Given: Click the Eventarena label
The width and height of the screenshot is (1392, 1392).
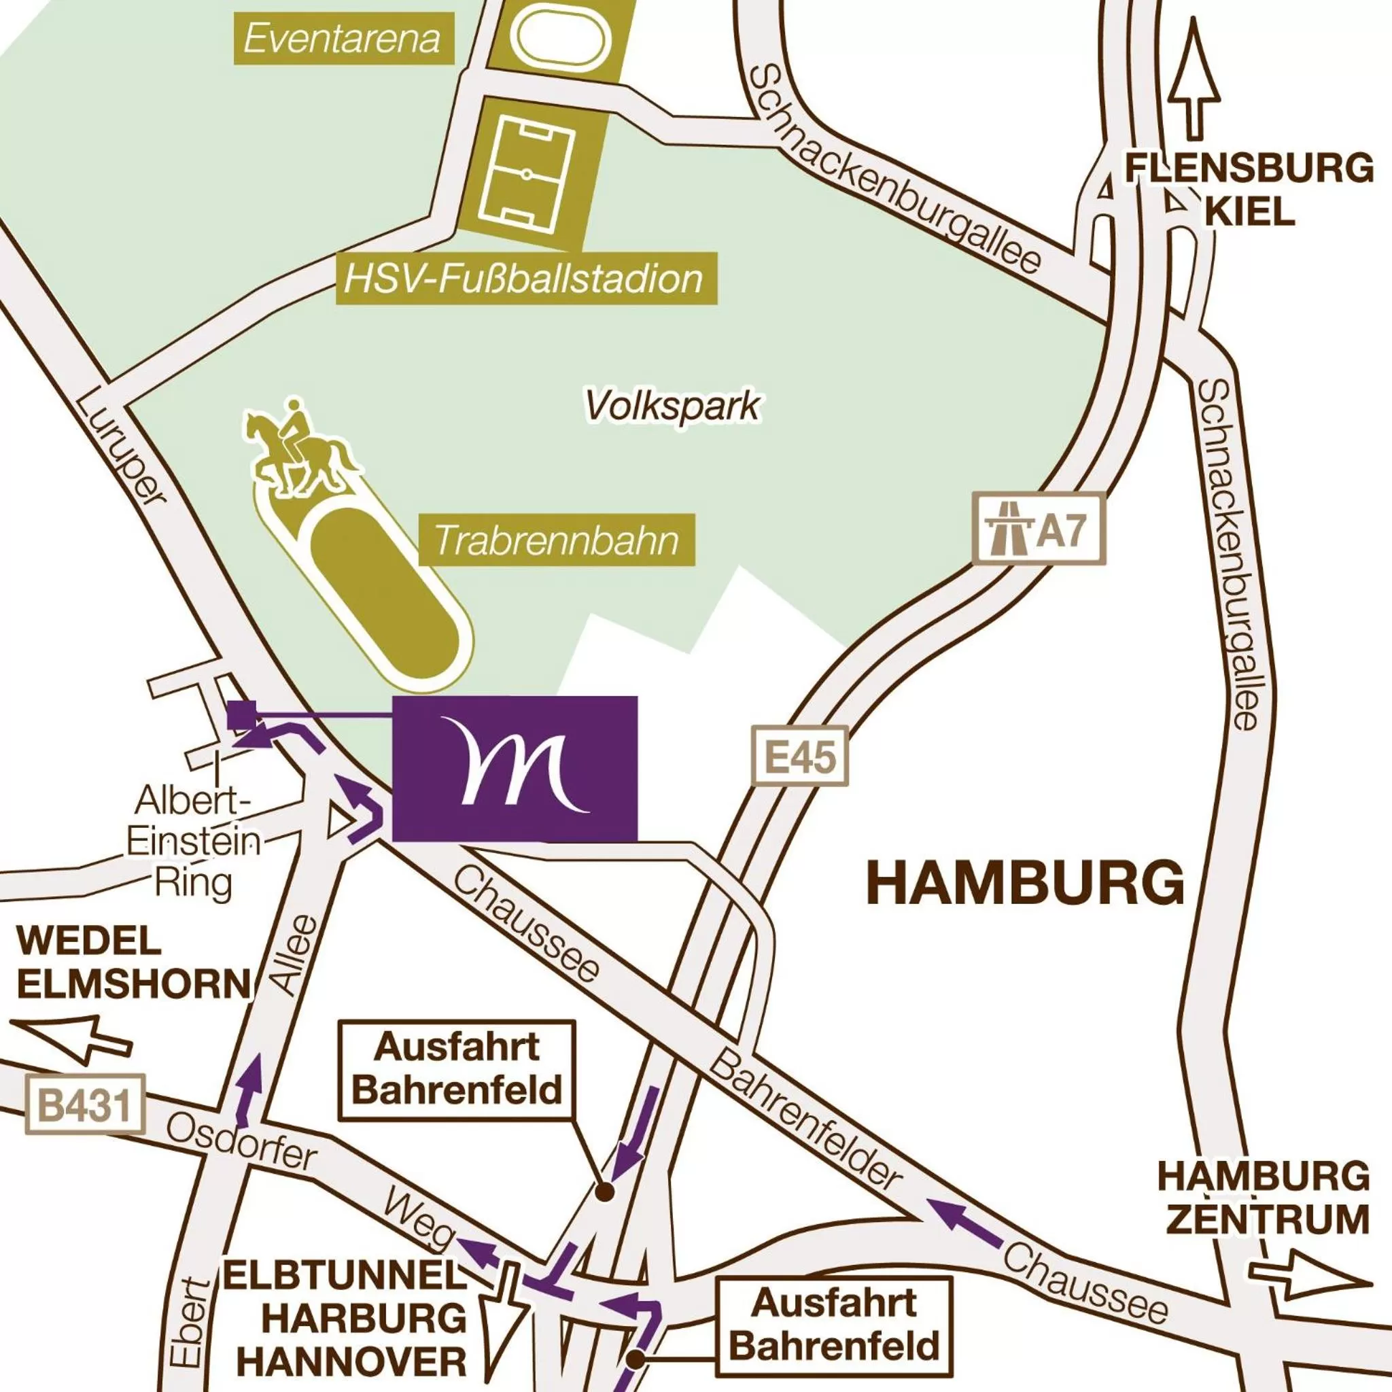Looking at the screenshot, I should [343, 38].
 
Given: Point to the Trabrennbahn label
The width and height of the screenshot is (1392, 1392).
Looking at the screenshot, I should [556, 540].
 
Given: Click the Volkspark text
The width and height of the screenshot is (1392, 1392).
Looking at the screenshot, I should [672, 406].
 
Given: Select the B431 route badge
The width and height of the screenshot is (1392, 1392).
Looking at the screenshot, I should [86, 1106].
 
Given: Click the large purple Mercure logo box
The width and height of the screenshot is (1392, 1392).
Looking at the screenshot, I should [515, 768].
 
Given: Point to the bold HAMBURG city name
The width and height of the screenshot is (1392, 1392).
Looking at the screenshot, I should [1026, 884].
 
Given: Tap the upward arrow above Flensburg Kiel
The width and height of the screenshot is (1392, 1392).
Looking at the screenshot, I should [1194, 80].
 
